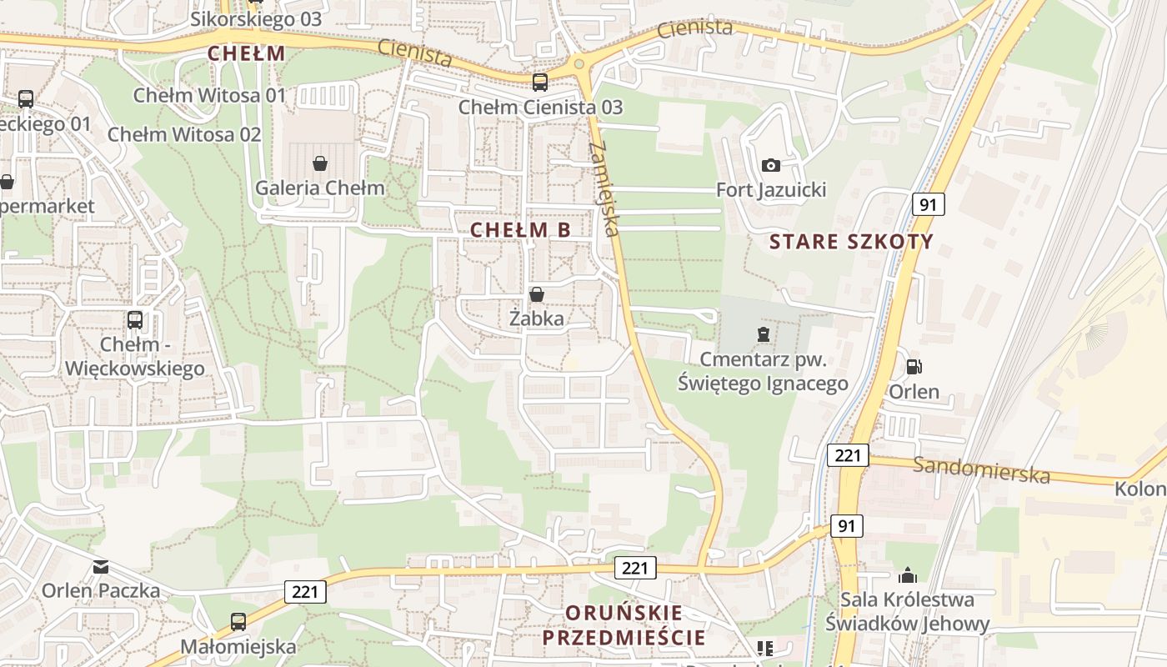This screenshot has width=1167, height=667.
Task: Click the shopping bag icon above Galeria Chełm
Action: (319, 163)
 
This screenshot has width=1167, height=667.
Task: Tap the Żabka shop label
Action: (537, 318)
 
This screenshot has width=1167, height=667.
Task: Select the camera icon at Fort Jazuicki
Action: (771, 165)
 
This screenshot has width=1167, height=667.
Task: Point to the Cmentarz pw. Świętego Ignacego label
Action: (763, 372)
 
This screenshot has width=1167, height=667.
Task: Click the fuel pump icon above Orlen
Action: (914, 366)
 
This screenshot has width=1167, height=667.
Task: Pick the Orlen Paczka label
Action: (101, 591)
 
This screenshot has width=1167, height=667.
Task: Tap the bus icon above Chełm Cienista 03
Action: (540, 82)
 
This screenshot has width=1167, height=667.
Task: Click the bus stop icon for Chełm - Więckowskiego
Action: (134, 319)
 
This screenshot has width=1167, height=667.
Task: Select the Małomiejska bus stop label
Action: (238, 646)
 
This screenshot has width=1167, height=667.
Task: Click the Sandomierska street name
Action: (981, 469)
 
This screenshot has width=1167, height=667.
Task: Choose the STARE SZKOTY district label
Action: (851, 243)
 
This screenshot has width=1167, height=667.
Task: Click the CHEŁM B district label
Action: (521, 230)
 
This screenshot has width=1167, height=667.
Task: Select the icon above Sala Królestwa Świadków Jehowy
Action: (907, 575)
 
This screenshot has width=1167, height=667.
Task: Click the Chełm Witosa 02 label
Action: (184, 134)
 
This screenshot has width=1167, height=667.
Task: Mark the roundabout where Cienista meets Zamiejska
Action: (578, 63)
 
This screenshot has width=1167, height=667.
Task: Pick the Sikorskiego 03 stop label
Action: (256, 19)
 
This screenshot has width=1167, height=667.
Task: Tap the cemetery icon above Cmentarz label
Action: (763, 334)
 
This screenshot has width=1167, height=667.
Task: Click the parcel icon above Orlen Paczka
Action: (101, 568)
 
